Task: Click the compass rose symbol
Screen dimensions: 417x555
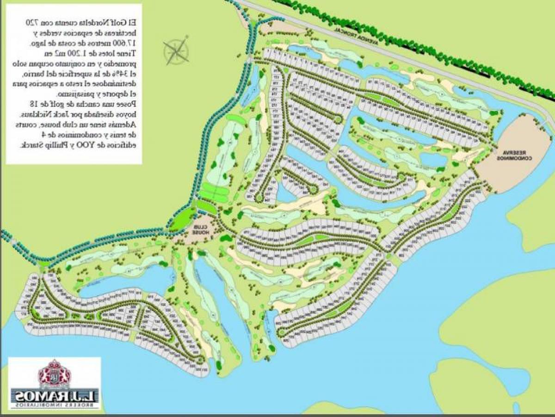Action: point(176,51)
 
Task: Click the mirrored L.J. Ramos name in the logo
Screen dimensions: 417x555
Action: point(54,396)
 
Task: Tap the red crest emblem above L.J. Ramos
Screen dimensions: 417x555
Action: point(55,374)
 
